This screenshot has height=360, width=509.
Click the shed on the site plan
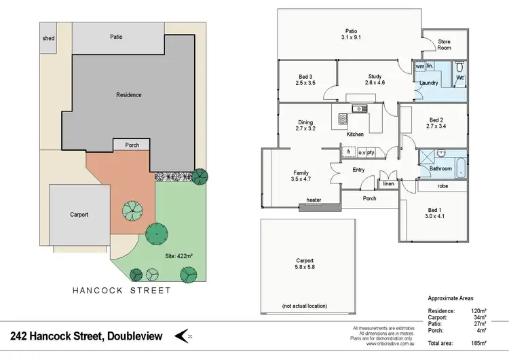pos(49,39)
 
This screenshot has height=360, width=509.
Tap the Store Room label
pos(445,45)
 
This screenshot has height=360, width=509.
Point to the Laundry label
pos(429,83)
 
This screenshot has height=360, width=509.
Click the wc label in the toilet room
pos(459,77)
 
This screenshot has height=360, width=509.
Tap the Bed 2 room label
pos(434,122)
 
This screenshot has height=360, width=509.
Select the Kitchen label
pos(355,134)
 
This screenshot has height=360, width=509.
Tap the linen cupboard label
pos(388,184)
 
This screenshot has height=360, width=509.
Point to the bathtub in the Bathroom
pos(461,167)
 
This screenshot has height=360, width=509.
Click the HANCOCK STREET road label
pos(121,290)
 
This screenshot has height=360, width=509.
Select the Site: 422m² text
pos(180,256)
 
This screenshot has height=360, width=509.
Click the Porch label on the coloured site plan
pos(132,145)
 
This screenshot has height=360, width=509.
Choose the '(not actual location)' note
pos(305,306)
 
